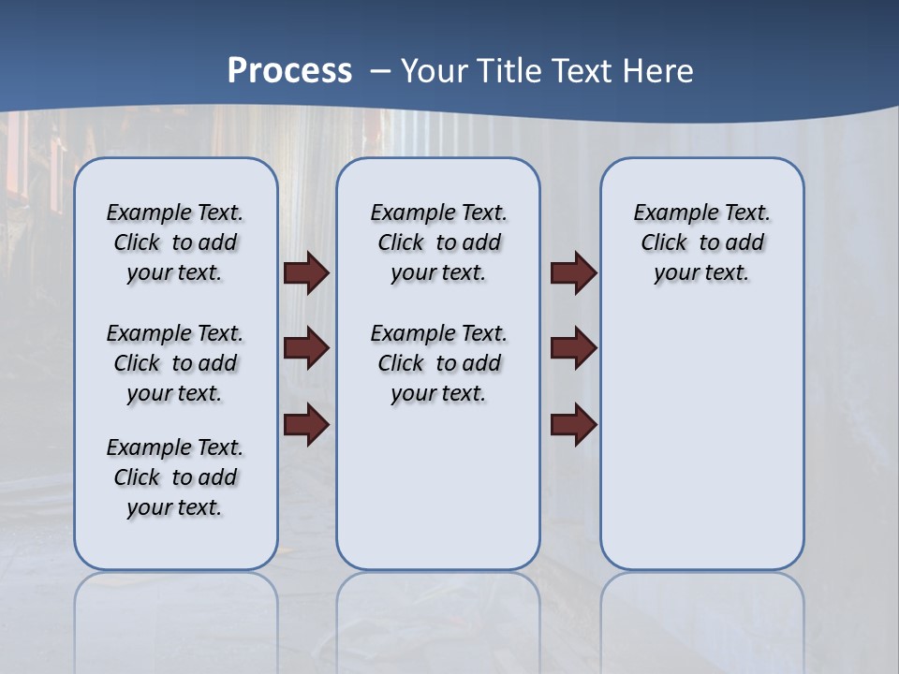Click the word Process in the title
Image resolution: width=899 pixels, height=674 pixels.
(x=289, y=70)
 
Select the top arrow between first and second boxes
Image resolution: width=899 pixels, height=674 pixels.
(x=306, y=273)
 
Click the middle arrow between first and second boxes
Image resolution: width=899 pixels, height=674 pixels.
(x=306, y=349)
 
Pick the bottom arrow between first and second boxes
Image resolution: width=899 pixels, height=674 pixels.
(x=306, y=424)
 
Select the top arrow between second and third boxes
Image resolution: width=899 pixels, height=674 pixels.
(x=574, y=273)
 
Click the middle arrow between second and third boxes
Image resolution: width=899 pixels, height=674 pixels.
(x=574, y=349)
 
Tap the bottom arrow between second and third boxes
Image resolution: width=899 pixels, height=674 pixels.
(x=574, y=424)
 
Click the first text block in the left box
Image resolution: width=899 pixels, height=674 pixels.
(x=175, y=242)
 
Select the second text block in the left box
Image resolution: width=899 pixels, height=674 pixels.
(x=175, y=363)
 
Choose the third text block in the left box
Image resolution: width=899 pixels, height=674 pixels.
(x=175, y=477)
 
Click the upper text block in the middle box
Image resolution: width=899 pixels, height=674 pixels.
(x=438, y=242)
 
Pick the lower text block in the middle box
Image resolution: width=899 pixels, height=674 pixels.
(x=438, y=363)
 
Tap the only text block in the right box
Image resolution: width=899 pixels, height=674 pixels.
(x=701, y=242)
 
